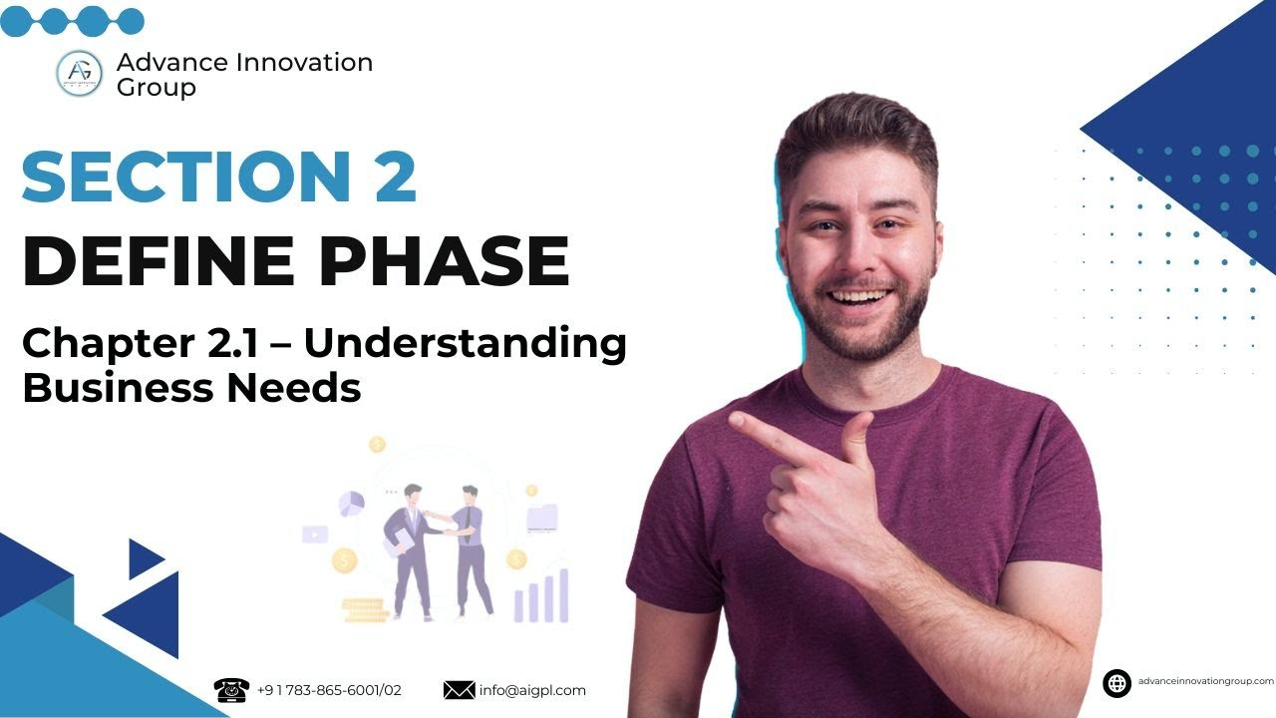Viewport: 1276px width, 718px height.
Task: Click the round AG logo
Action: pyautogui.click(x=80, y=74)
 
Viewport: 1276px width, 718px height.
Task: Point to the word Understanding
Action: pyautogui.click(x=466, y=344)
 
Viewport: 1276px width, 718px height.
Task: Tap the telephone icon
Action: pyautogui.click(x=231, y=690)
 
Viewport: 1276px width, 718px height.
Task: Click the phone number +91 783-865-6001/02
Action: pyautogui.click(x=329, y=690)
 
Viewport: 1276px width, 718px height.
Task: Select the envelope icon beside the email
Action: pyautogui.click(x=459, y=690)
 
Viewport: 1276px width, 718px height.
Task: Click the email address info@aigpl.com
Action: pyautogui.click(x=532, y=690)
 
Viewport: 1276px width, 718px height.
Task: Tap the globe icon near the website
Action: pyautogui.click(x=1116, y=683)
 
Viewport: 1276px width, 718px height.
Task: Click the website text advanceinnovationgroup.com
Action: pyautogui.click(x=1205, y=681)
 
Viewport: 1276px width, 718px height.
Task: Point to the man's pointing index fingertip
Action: pyautogui.click(x=736, y=420)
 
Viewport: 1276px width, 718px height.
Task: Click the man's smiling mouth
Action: pyautogui.click(x=859, y=297)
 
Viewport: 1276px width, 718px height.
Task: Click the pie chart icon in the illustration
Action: pyautogui.click(x=351, y=502)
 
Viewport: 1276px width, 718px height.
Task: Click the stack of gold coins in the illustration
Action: pyautogui.click(x=363, y=607)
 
